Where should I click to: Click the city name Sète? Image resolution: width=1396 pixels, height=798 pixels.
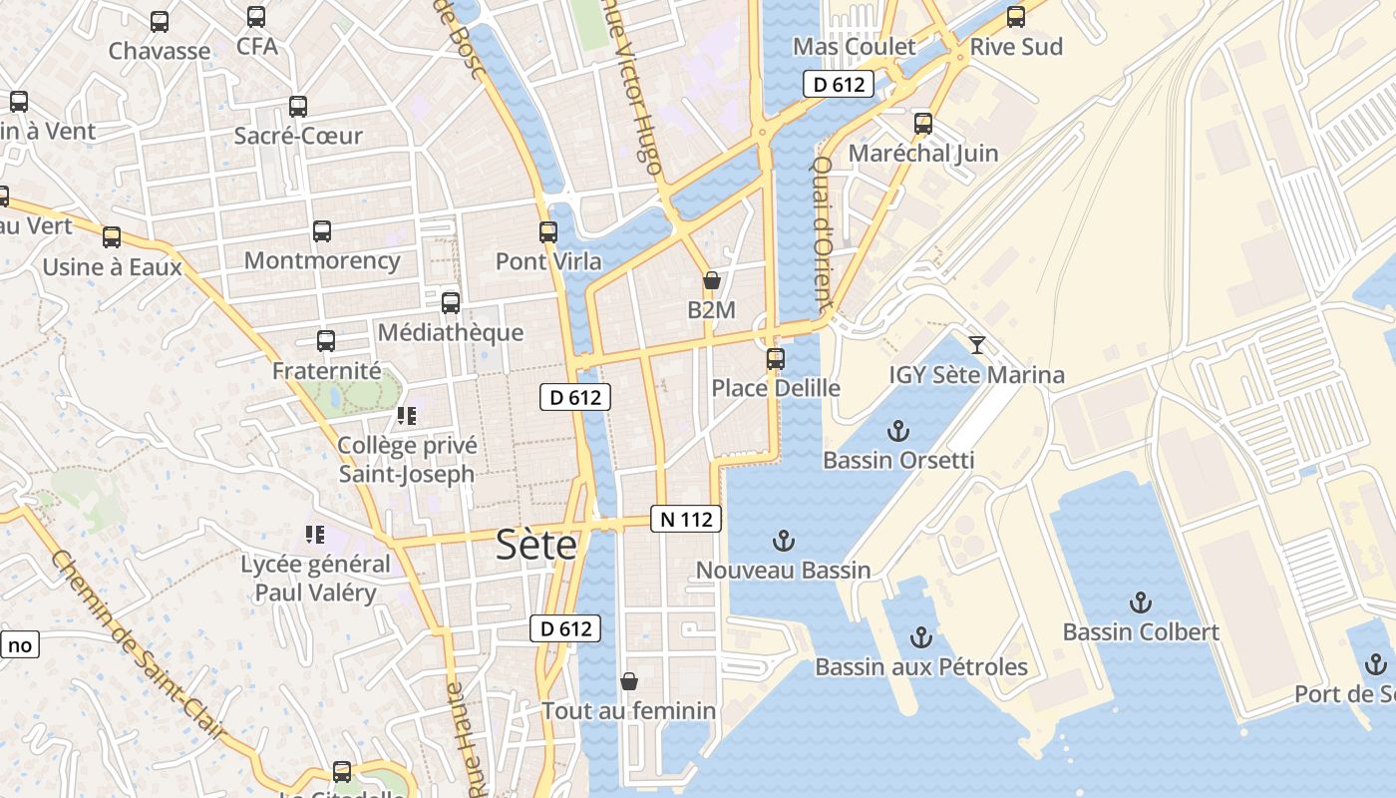coord(536,545)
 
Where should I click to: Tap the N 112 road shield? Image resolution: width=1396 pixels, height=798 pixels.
coord(686,519)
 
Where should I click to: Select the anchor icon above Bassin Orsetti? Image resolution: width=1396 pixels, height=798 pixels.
coord(898,431)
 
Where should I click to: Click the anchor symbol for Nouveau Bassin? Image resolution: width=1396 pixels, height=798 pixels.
coord(784,542)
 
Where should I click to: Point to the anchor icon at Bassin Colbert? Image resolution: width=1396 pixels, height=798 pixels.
coord(1140,602)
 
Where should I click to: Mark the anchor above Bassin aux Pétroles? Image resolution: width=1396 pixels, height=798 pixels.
coord(921,637)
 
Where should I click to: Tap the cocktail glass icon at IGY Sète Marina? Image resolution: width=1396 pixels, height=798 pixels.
coord(977,345)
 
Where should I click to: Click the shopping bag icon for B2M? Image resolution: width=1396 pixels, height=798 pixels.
coord(711,280)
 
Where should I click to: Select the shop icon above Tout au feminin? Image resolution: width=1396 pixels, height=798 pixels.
coord(629,681)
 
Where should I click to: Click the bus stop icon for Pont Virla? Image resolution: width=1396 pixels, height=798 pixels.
coord(548,232)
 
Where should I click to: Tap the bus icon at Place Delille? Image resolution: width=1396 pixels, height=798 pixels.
coord(776,358)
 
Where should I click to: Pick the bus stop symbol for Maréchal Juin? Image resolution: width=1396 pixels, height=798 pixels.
coord(923,124)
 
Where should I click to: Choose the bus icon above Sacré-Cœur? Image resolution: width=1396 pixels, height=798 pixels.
coord(298,107)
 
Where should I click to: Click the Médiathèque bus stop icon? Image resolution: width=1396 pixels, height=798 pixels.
coord(451,302)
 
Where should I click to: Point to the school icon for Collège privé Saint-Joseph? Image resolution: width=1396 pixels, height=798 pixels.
coord(406,415)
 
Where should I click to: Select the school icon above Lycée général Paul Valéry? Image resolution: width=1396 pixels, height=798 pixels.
coord(315,535)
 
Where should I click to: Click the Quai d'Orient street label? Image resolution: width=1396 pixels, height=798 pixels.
coord(822,231)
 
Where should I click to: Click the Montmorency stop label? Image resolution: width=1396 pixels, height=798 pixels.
coord(322,261)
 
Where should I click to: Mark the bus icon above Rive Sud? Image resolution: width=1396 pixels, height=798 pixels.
coord(1016,17)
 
